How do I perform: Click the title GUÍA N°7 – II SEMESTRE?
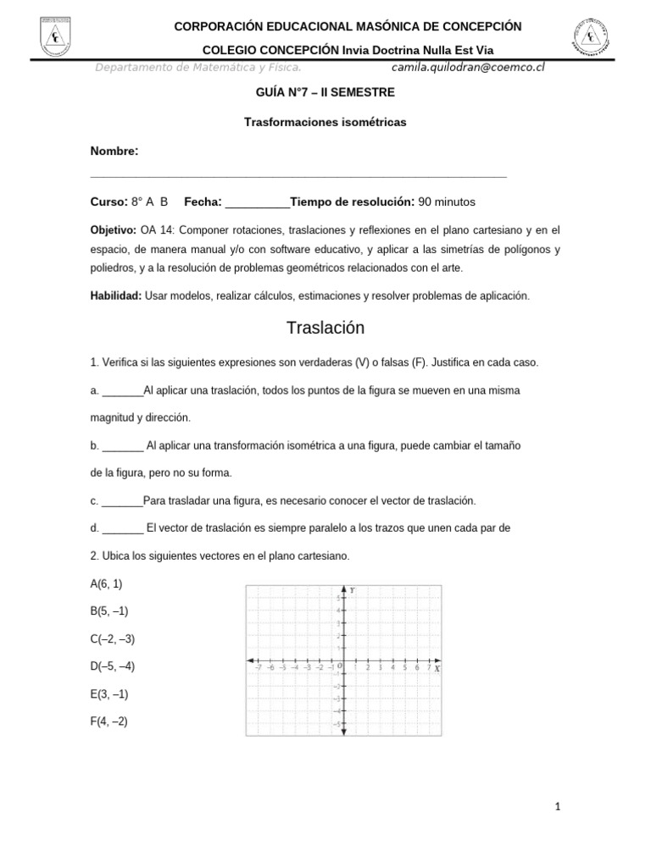point(325,91)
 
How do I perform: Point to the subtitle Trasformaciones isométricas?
point(325,122)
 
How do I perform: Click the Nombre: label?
point(114,151)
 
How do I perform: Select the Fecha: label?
point(203,202)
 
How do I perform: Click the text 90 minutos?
point(447,202)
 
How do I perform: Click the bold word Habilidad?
point(116,295)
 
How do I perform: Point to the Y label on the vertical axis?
point(352,590)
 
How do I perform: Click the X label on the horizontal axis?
point(437,668)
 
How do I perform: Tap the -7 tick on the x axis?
point(258,667)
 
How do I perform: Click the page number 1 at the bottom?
point(558,807)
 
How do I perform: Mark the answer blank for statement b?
point(123,445)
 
